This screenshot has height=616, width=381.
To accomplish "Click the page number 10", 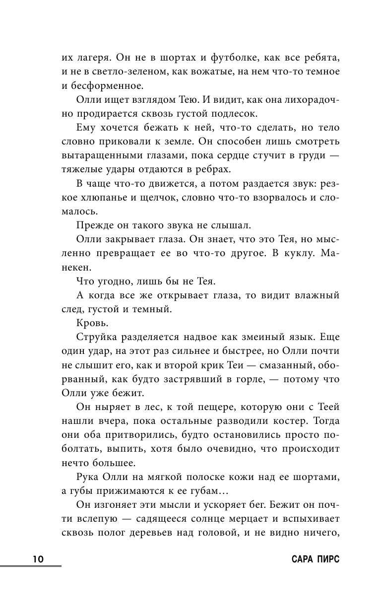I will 38,558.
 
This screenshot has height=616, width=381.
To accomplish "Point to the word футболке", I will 236,57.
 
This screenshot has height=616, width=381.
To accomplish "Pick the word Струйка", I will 99,337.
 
